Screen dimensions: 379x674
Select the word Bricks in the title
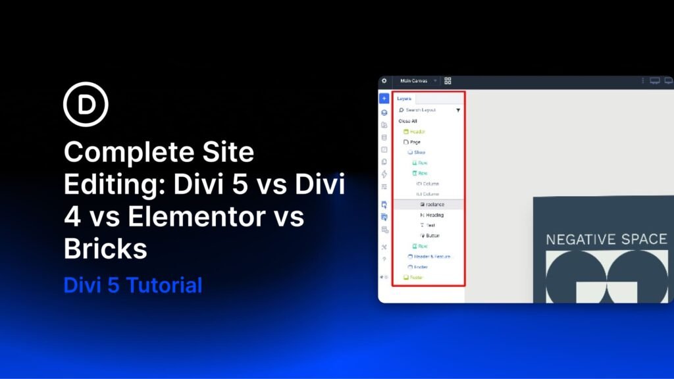pos(105,249)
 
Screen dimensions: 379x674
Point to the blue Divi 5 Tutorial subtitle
pos(132,286)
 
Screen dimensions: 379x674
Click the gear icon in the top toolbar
pos(384,81)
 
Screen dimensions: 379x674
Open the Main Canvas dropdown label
pos(413,81)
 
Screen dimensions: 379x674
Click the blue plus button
pos(384,98)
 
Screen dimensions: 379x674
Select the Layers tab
pos(403,99)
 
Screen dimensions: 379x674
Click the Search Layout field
pos(421,110)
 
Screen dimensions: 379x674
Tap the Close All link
pos(408,121)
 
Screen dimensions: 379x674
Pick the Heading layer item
pos(434,215)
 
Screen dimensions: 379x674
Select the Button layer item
pos(432,236)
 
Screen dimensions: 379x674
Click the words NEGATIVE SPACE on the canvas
pos(606,240)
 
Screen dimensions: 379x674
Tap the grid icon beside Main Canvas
pos(448,81)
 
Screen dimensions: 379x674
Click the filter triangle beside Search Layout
pos(458,111)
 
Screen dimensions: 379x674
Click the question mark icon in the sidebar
pos(384,259)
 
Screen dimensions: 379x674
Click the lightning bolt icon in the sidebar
pos(384,174)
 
